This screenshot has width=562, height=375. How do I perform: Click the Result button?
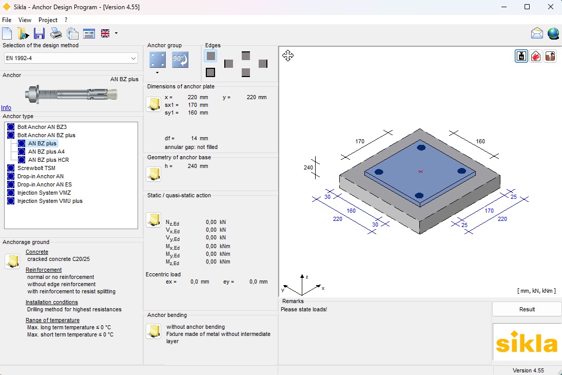click(527, 309)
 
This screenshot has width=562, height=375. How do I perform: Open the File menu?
click(7, 20)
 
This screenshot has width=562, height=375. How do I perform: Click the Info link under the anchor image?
click(6, 108)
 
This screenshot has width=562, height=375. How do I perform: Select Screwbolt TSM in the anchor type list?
click(36, 168)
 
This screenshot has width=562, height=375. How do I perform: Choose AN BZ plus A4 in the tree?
click(46, 152)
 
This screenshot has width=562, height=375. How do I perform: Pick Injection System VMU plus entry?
click(49, 201)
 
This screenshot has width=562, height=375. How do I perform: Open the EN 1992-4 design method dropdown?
click(71, 59)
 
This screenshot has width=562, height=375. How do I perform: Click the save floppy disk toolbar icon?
click(39, 34)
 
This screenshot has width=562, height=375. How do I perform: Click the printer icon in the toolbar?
click(56, 34)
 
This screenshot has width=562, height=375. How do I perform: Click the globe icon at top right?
click(553, 34)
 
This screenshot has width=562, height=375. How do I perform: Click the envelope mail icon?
click(537, 34)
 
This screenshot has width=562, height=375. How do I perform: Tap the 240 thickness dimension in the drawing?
click(308, 167)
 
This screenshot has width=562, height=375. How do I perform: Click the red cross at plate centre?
click(420, 171)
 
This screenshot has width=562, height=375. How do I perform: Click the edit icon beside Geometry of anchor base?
click(153, 174)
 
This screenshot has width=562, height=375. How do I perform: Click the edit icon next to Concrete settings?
click(12, 261)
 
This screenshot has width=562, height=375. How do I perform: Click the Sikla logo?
click(527, 343)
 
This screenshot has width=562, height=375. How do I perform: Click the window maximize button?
click(527, 7)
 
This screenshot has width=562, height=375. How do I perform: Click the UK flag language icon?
click(105, 34)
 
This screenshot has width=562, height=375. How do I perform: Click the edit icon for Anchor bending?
click(153, 331)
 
